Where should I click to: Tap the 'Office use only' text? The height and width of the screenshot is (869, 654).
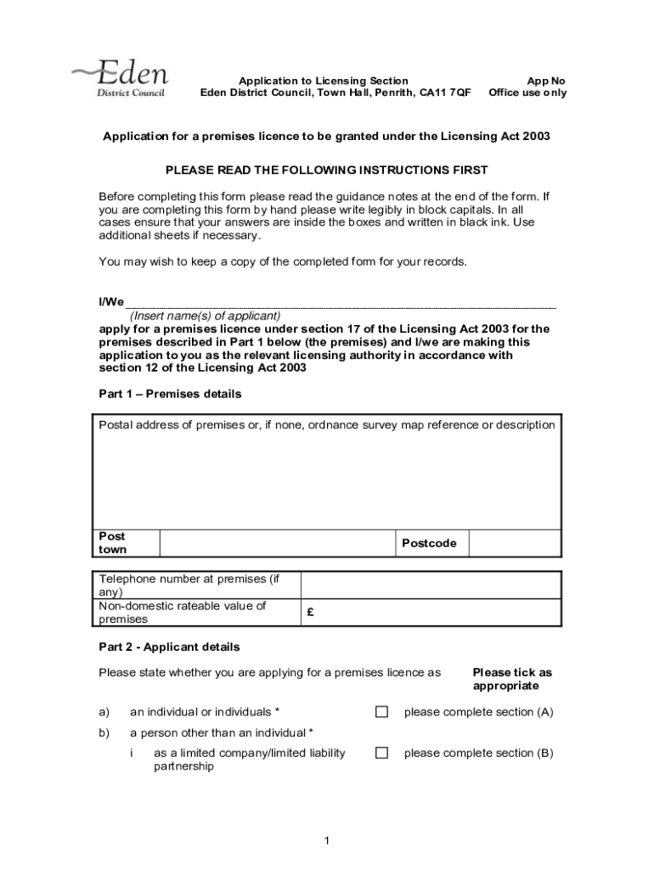[x=527, y=93]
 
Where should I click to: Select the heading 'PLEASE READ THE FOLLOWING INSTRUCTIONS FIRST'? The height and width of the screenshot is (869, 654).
[x=327, y=171]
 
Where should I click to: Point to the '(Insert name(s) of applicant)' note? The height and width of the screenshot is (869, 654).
[x=205, y=316]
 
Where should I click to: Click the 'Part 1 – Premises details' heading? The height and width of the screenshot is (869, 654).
[x=170, y=394]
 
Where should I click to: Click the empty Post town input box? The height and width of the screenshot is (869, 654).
[x=275, y=543]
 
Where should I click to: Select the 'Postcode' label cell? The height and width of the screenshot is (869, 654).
[x=429, y=543]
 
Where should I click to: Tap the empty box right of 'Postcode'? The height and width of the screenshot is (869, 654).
[x=514, y=543]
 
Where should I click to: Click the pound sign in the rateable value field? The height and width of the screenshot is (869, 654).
[x=311, y=613]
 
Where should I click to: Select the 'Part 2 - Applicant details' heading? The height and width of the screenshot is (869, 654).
[x=169, y=647]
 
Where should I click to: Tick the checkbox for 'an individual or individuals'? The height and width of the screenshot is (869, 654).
[x=382, y=712]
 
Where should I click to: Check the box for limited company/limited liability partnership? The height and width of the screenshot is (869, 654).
[x=382, y=753]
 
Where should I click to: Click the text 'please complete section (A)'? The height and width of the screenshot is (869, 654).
[x=478, y=712]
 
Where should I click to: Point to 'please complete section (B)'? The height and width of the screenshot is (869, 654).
[x=478, y=753]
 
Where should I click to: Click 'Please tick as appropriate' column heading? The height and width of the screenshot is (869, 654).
[x=511, y=679]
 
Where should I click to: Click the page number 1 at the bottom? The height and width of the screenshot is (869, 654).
[x=326, y=841]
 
